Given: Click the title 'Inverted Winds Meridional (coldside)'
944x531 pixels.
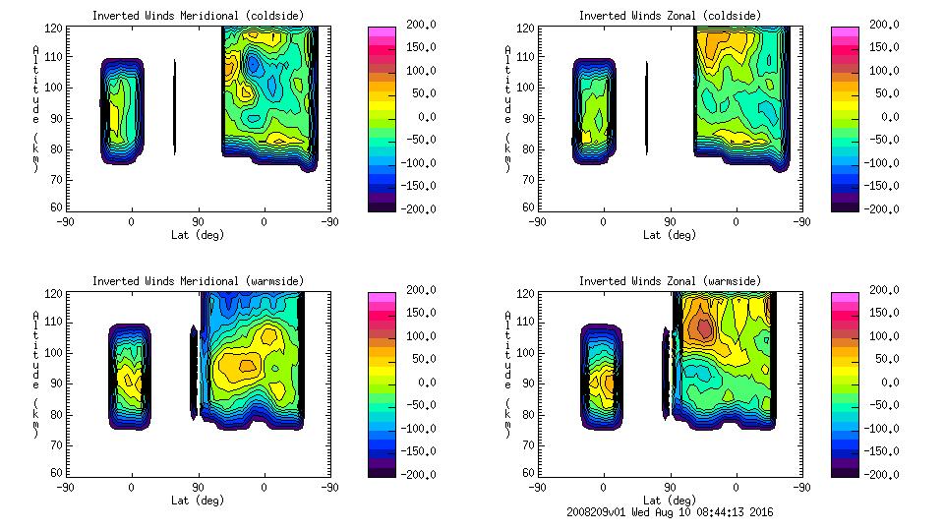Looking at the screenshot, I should [x=198, y=16].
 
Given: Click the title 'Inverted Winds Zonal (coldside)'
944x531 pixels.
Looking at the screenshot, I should [x=670, y=16].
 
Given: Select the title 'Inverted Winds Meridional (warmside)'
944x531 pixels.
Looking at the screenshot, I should [x=198, y=281].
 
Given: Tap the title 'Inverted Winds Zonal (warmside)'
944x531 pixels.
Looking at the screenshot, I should [x=670, y=281].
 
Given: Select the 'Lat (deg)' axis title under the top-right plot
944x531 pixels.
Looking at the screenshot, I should [x=670, y=235].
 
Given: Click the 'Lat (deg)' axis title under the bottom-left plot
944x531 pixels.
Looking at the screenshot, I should [x=198, y=501].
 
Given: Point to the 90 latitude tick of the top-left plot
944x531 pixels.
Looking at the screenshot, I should [x=198, y=222].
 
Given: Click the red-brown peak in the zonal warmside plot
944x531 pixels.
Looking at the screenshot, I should [x=700, y=326].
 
